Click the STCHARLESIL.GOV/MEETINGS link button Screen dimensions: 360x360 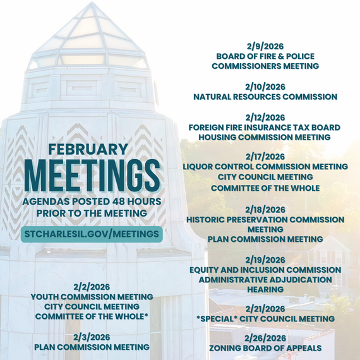[92, 234]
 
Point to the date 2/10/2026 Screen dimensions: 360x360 [265, 86]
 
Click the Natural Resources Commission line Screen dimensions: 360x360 [265, 97]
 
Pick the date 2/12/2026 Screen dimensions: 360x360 [265, 117]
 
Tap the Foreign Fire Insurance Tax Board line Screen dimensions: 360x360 [265, 127]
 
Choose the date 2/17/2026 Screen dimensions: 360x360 [265, 156]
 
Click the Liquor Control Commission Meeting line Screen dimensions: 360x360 [265, 166]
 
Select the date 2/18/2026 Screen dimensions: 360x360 [265, 209]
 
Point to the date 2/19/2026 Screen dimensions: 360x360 [265, 259]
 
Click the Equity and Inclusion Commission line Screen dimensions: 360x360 [265, 270]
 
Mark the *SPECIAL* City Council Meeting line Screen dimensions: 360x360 [265, 319]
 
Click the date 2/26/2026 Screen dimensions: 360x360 [265, 338]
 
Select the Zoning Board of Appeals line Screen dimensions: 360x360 [265, 348]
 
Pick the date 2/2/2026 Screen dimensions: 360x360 [92, 286]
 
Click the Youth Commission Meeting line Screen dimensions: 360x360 [92, 296]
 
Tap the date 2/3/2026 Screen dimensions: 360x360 [92, 337]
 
